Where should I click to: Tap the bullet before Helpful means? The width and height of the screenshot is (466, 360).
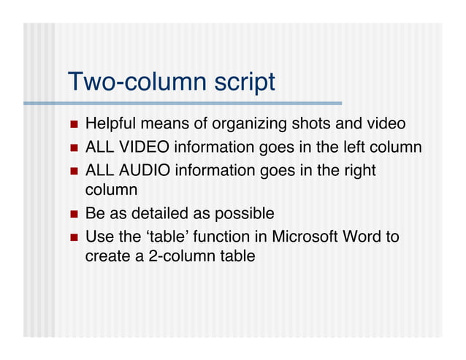click(x=73, y=125)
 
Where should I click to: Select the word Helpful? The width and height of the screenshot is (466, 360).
click(x=110, y=125)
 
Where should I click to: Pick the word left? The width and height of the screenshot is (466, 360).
click(x=355, y=148)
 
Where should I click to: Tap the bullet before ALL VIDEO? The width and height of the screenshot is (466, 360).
click(x=73, y=148)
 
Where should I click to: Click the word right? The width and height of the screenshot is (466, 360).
click(x=359, y=171)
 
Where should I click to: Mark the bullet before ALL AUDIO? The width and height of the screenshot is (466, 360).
click(x=73, y=171)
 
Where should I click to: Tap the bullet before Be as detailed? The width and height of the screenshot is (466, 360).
click(x=73, y=215)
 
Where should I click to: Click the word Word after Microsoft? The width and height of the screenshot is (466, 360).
click(x=364, y=237)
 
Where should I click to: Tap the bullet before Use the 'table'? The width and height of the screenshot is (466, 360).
click(x=73, y=237)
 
